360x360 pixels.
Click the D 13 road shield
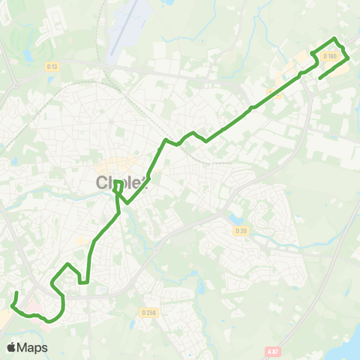pos(52,67)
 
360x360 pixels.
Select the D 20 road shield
pos(240,231)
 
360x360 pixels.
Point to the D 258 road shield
pos(148,311)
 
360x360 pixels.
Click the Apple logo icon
pos(11,347)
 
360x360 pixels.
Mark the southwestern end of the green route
pos(16,292)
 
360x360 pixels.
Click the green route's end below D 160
pos(320,78)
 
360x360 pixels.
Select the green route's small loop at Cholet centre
pos(118,185)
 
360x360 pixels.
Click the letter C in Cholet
pos(103,183)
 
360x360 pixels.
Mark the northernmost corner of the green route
pos(334,38)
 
